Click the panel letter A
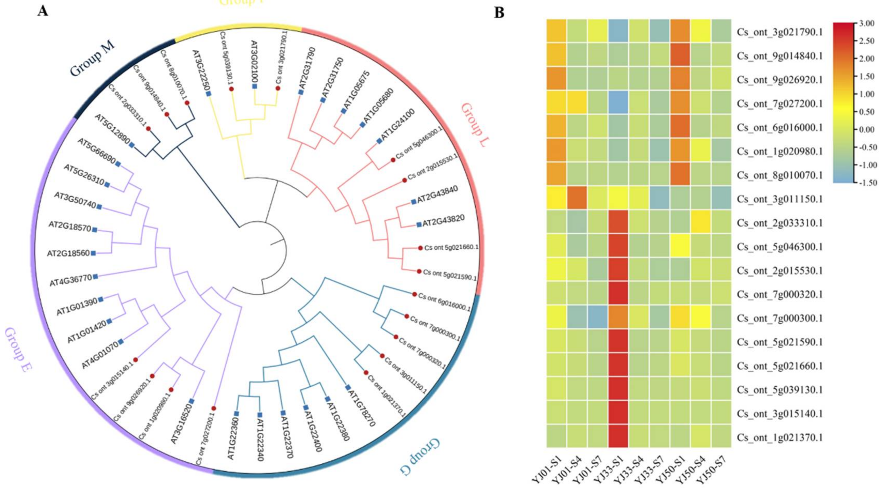click(x=43, y=11)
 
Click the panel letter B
click(x=499, y=13)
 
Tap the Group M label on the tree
click(x=92, y=60)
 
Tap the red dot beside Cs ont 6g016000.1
click(x=414, y=294)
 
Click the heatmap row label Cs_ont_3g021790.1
click(x=779, y=32)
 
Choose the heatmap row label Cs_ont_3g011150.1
click(x=779, y=199)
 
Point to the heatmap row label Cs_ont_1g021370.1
click(x=779, y=438)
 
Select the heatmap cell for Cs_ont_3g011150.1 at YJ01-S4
click(x=577, y=198)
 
